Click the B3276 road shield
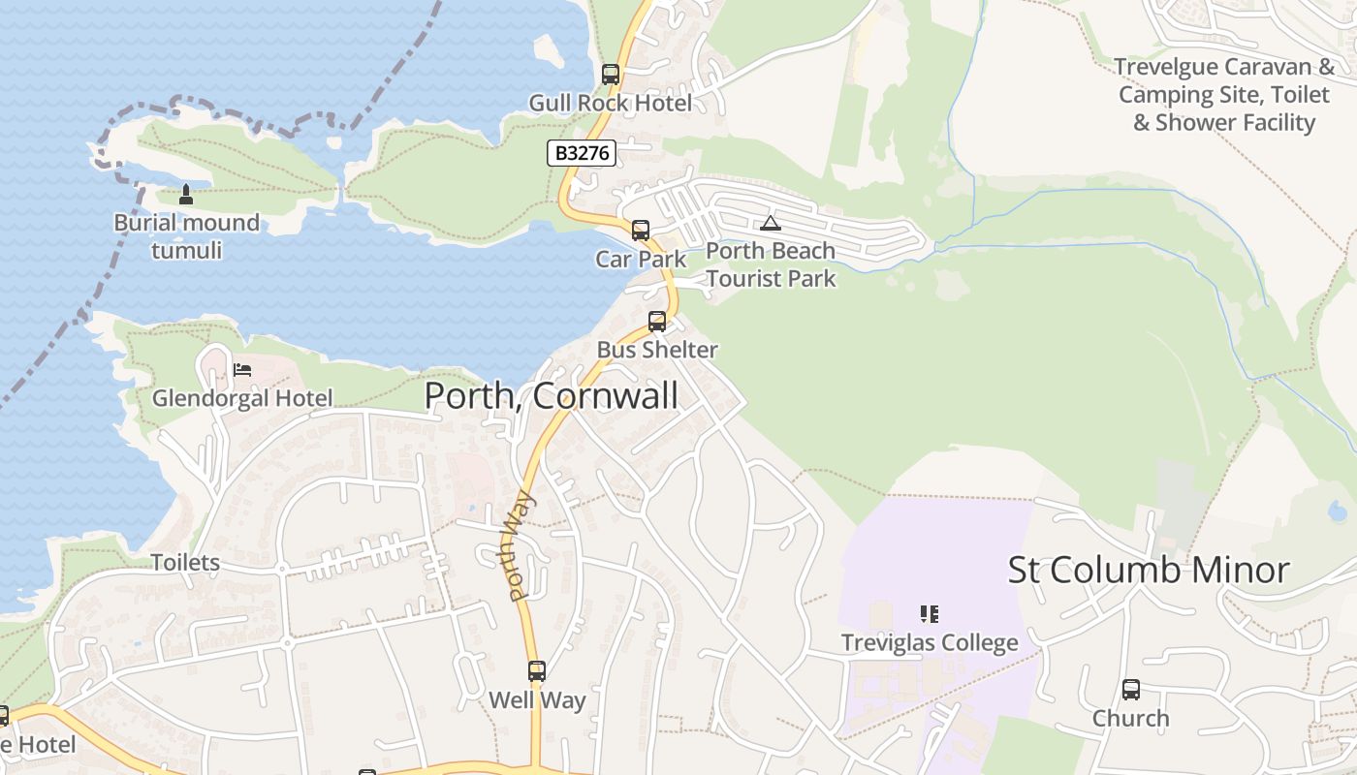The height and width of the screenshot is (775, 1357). (x=582, y=153)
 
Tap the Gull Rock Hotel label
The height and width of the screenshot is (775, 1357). (x=610, y=103)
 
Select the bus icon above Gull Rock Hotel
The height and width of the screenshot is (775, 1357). (x=610, y=74)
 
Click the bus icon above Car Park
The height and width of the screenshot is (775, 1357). (x=641, y=231)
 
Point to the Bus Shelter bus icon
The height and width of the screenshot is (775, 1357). (x=657, y=322)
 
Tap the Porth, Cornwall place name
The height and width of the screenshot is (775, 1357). (x=552, y=395)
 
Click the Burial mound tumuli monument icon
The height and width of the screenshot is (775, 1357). (x=186, y=195)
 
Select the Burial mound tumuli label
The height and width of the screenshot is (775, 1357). (x=187, y=236)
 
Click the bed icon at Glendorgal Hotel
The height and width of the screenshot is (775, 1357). (x=242, y=370)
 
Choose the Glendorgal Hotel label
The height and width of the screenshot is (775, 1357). (x=242, y=397)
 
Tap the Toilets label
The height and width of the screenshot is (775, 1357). (x=185, y=562)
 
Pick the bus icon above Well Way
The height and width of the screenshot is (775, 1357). (x=537, y=670)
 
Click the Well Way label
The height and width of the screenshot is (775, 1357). (x=537, y=699)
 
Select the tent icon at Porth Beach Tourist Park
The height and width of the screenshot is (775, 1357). (x=770, y=224)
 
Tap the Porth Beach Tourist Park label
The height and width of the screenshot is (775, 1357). (x=771, y=264)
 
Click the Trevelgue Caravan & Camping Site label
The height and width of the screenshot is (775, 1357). (x=1225, y=95)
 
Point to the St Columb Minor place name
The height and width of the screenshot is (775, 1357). (x=1149, y=570)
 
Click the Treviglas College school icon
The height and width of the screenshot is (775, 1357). (x=930, y=613)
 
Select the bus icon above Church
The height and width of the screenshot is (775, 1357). (x=1131, y=690)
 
